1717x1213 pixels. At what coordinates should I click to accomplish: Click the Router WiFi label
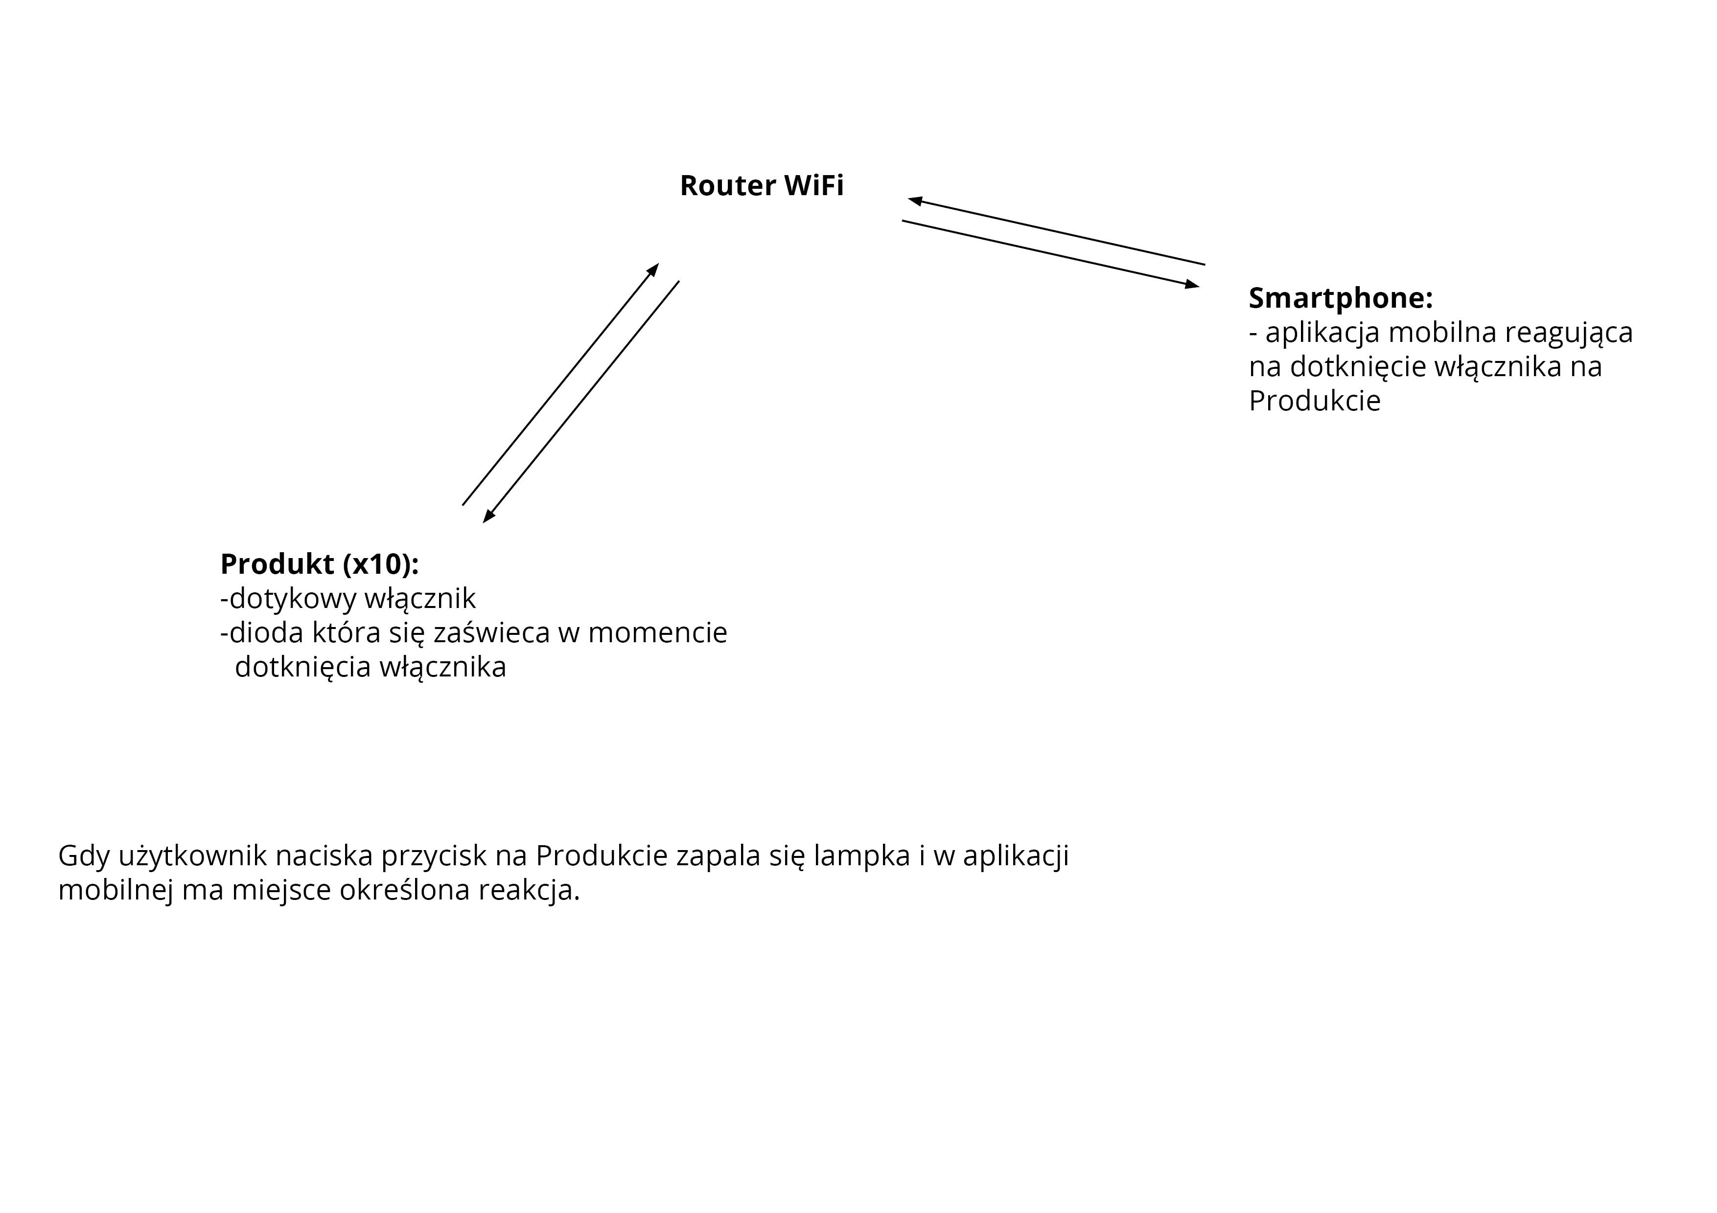click(x=761, y=185)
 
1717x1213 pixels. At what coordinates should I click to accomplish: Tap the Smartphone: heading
click(x=1340, y=298)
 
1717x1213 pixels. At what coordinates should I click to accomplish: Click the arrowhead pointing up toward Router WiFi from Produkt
click(x=653, y=269)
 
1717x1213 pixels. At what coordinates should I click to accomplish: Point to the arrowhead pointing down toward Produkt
click(x=488, y=517)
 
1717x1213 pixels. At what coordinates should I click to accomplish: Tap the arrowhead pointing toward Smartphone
click(x=1192, y=285)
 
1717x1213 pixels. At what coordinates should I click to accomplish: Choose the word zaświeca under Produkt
click(x=492, y=633)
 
